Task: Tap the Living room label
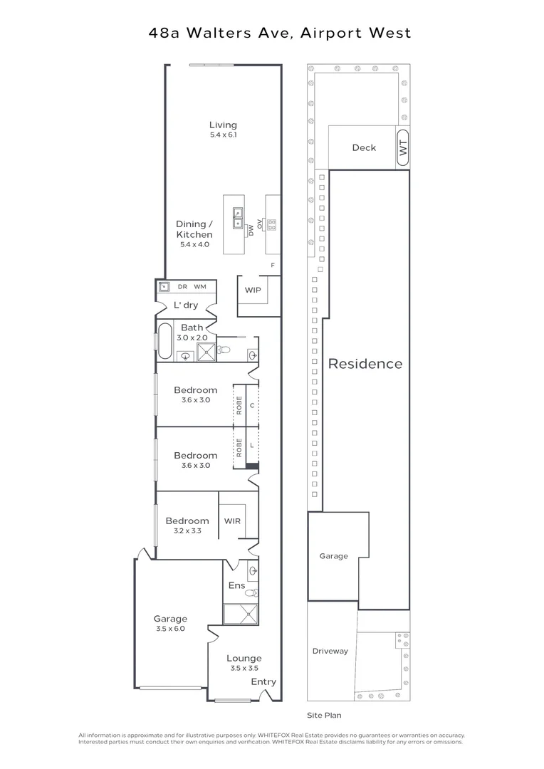click(x=223, y=125)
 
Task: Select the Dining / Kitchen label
click(x=194, y=229)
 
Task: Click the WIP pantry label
click(x=252, y=291)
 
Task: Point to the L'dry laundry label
click(x=186, y=305)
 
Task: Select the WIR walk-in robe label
click(x=232, y=521)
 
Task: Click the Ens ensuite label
click(x=236, y=586)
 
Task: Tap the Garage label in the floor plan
click(x=170, y=619)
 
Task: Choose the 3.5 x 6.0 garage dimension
click(x=170, y=629)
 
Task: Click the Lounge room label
click(x=244, y=658)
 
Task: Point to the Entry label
click(x=263, y=681)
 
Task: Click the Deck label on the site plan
click(x=364, y=148)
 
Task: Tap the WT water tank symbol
click(x=402, y=148)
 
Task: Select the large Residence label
click(x=365, y=364)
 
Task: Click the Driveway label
click(x=330, y=651)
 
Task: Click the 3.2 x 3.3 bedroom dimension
click(x=187, y=530)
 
